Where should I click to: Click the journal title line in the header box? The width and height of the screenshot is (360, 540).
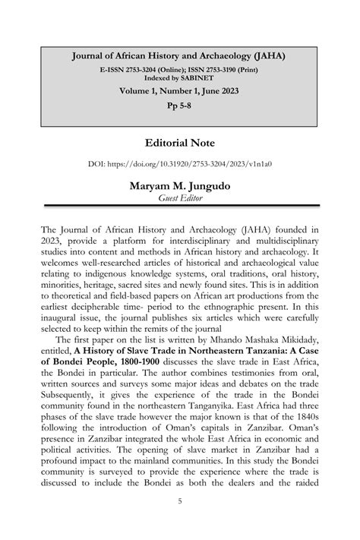point(179,56)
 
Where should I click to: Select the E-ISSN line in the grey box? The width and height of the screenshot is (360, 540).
point(179,69)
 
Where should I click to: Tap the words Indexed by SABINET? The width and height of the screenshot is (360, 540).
point(179,77)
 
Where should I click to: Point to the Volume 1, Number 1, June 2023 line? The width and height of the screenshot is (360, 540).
point(179,91)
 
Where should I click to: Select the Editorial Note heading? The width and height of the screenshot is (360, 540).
point(179,143)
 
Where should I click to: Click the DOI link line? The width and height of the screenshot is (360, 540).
point(179,163)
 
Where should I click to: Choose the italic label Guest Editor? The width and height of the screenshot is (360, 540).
point(179,198)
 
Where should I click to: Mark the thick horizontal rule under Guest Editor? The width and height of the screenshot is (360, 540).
point(179,207)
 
